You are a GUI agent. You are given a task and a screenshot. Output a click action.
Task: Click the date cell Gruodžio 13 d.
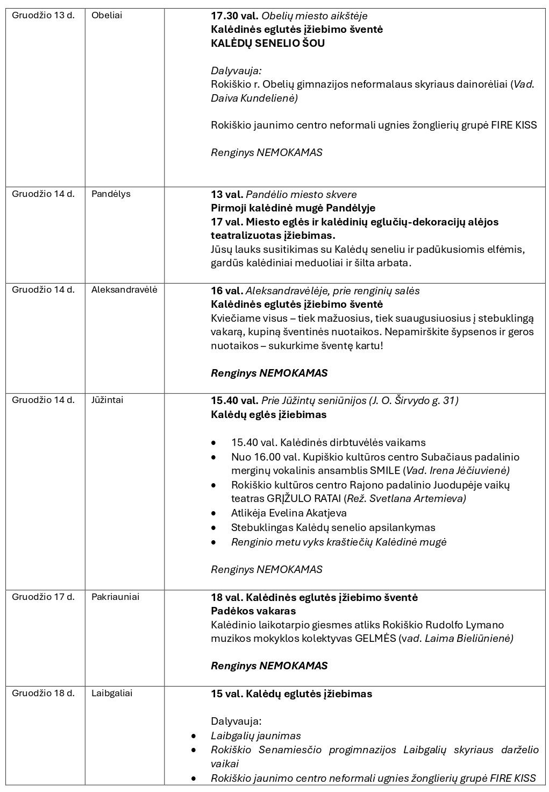[x=43, y=15]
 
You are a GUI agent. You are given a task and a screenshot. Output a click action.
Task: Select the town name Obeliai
[x=106, y=15]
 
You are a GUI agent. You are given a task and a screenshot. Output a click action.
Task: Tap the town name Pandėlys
[x=111, y=194]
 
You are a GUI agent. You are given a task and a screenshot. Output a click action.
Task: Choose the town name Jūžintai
[x=107, y=400]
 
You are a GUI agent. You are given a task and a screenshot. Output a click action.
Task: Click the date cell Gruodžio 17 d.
[x=43, y=597]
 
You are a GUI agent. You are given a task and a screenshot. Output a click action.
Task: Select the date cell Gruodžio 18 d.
[x=43, y=693]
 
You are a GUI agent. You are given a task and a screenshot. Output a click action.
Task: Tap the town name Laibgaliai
[x=112, y=693]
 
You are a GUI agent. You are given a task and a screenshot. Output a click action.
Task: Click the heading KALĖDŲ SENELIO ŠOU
[x=268, y=43]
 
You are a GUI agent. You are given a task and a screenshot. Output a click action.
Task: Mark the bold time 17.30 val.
[x=234, y=16]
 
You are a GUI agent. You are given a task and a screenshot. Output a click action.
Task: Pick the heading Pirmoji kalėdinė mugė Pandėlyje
[x=293, y=208]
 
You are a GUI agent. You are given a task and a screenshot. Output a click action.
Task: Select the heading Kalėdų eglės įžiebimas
[x=268, y=414]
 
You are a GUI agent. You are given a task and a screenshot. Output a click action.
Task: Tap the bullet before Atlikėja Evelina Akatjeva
[x=214, y=513]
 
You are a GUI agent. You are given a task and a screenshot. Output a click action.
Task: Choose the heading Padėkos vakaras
[x=253, y=611]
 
